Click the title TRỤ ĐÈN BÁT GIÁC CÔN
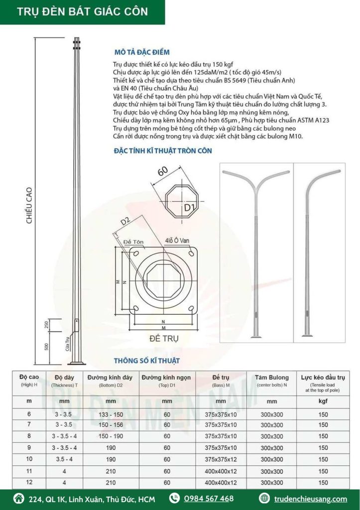coord(83,12)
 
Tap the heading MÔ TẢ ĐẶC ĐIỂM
coord(142,52)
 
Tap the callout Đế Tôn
coord(133,242)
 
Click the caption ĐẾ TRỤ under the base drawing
coord(164,339)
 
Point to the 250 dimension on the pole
coord(46,324)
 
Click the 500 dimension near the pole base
coord(46,347)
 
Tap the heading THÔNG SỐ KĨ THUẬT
coord(147,360)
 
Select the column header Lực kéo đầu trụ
coord(324,378)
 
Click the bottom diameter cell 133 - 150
coord(111,414)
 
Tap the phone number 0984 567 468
coord(209,499)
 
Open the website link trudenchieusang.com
coord(310,499)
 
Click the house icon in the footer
coord(19,499)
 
